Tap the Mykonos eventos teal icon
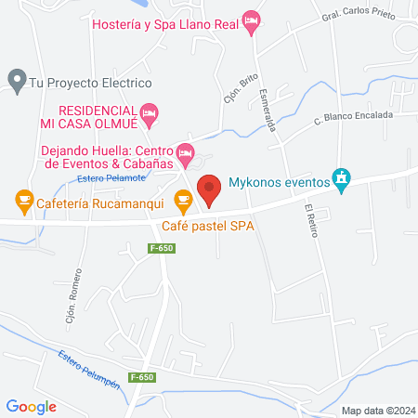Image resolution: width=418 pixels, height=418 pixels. click(x=341, y=177)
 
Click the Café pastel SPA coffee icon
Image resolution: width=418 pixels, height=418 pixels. click(x=183, y=198)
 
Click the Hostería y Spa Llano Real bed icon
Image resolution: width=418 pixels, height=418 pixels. click(x=249, y=20)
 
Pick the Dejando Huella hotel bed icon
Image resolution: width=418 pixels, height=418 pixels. click(x=185, y=151)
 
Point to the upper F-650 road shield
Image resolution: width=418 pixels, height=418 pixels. click(x=162, y=248)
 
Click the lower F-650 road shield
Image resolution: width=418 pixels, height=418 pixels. click(x=141, y=376)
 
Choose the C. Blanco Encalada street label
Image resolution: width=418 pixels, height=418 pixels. click(x=353, y=116)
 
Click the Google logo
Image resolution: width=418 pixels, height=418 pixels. click(x=32, y=406)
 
